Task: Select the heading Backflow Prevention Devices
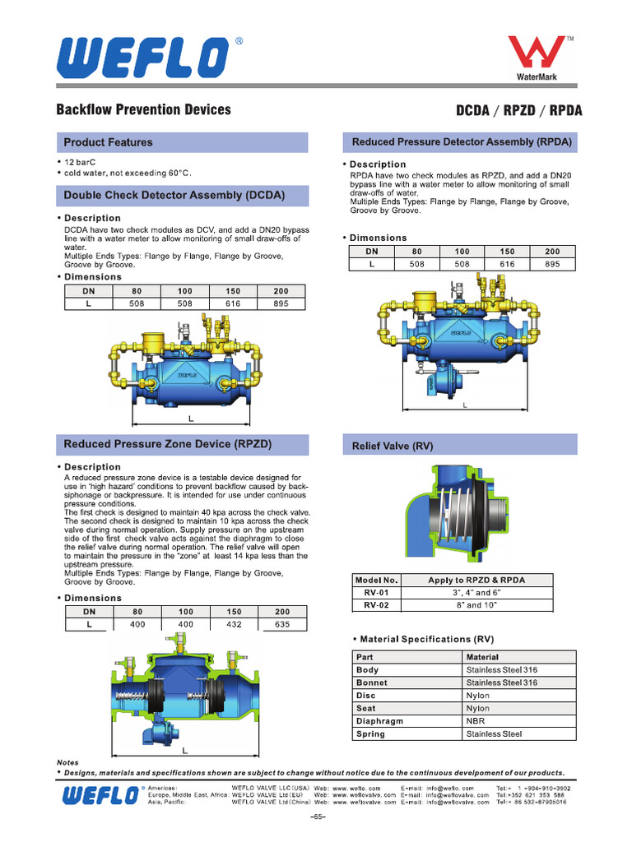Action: pyautogui.click(x=143, y=110)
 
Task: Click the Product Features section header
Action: pyautogui.click(x=108, y=142)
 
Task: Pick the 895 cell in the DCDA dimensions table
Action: pyautogui.click(x=281, y=303)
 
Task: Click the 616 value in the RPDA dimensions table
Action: pyautogui.click(x=506, y=264)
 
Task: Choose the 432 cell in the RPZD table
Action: pyautogui.click(x=234, y=625)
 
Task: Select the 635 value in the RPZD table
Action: pyautogui.click(x=281, y=625)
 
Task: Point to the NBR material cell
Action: pyautogui.click(x=476, y=721)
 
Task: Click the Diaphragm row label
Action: pyautogui.click(x=379, y=721)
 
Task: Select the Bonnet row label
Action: pyautogui.click(x=372, y=682)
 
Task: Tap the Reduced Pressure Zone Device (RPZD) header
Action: pyautogui.click(x=168, y=444)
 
